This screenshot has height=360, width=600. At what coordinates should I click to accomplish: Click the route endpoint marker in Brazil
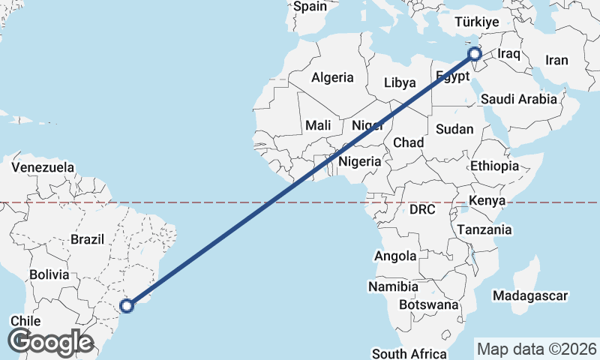tap(127, 305)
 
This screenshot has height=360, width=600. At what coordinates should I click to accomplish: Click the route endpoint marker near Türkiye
tap(474, 54)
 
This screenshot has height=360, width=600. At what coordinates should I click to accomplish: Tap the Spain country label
tap(310, 7)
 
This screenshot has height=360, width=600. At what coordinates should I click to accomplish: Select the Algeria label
tap(332, 77)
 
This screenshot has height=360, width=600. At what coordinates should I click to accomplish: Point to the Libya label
tap(400, 82)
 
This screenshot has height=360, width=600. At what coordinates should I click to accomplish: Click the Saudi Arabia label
tap(519, 98)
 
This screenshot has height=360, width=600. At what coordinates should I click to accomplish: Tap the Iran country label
tap(556, 61)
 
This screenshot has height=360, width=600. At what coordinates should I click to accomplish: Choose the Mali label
tap(318, 125)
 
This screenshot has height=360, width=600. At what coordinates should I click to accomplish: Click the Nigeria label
tap(360, 161)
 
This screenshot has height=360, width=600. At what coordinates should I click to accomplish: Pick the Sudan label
tap(454, 129)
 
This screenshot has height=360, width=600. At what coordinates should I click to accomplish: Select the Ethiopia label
tap(495, 166)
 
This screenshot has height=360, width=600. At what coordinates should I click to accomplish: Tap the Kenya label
tap(487, 200)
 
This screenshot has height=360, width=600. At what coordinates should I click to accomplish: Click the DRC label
tap(422, 210)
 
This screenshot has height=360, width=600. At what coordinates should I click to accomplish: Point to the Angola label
tap(395, 256)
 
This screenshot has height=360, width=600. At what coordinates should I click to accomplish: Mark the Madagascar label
tap(530, 296)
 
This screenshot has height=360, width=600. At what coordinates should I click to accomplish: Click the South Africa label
tap(409, 353)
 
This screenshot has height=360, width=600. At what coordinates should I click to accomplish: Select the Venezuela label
tap(43, 166)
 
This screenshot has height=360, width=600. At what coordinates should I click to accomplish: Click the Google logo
tap(50, 341)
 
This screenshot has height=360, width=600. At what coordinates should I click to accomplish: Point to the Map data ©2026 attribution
tap(537, 349)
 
